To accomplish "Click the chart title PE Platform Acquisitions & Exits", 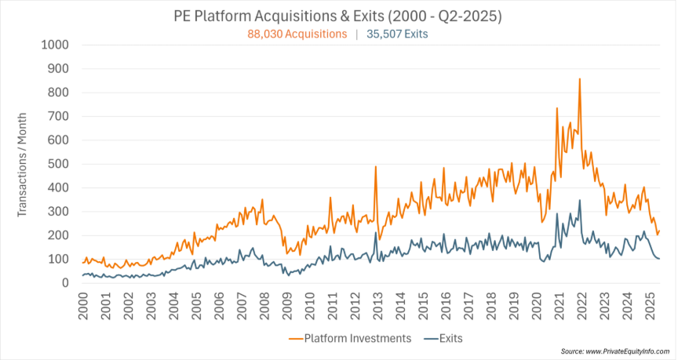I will pyautogui.click(x=338, y=16).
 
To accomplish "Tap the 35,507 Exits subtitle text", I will pyautogui.click(x=398, y=34).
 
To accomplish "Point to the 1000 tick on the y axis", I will pyautogui.click(x=54, y=45).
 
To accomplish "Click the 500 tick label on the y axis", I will pyautogui.click(x=57, y=164).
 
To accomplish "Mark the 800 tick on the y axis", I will pyautogui.click(x=57, y=93).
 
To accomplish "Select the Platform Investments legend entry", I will pyautogui.click(x=350, y=338).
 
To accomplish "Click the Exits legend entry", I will pyautogui.click(x=443, y=338).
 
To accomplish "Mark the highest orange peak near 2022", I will pyautogui.click(x=579, y=78).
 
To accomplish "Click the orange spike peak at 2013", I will pyautogui.click(x=376, y=166).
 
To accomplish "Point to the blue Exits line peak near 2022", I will pyautogui.click(x=579, y=200).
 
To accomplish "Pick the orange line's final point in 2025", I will pyautogui.click(x=660, y=231).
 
